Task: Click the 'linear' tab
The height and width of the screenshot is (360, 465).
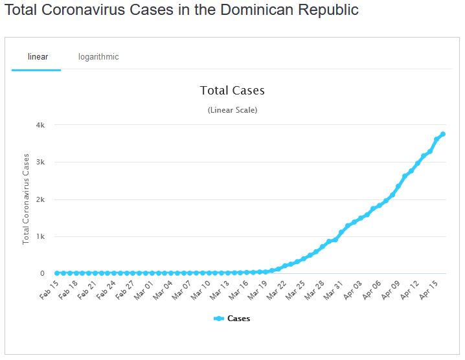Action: click(x=38, y=56)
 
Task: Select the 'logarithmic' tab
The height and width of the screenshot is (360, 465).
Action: click(x=98, y=56)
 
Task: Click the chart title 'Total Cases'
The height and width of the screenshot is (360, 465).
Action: click(x=232, y=91)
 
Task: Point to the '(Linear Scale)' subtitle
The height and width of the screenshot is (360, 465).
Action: click(x=232, y=110)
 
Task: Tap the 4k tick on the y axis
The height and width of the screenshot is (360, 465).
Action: click(x=40, y=125)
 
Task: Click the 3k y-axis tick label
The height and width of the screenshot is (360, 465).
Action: click(x=40, y=162)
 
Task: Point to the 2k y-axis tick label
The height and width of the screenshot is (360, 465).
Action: click(x=40, y=199)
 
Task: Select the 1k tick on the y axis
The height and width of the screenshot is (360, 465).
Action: click(x=40, y=236)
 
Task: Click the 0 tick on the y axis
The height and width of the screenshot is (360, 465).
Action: click(x=42, y=273)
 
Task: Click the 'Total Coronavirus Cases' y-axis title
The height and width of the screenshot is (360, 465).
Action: click(x=27, y=199)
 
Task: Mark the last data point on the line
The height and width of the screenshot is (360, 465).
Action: click(x=443, y=134)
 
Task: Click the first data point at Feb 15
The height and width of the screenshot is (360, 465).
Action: click(x=57, y=273)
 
